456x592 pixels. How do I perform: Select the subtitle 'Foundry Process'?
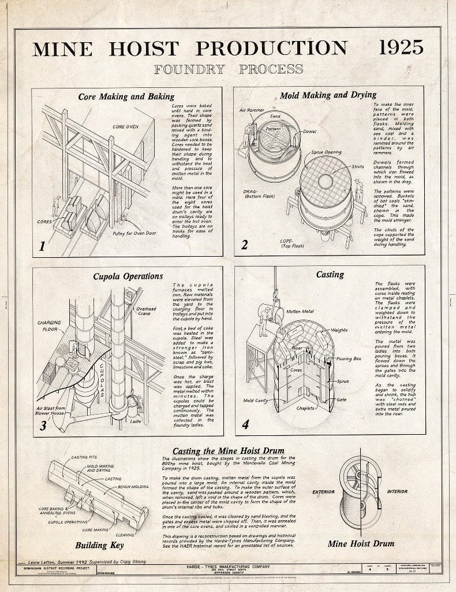tap(228, 69)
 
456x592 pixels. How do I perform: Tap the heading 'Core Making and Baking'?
tap(126, 96)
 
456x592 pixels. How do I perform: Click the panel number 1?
tap(42, 246)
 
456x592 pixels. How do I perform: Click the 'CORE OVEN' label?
tap(125, 125)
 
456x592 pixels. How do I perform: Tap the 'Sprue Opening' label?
tap(325, 153)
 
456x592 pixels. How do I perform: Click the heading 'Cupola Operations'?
tap(128, 276)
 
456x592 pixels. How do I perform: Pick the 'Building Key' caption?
tap(99, 545)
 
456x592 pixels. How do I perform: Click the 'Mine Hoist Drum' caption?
tap(361, 543)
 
